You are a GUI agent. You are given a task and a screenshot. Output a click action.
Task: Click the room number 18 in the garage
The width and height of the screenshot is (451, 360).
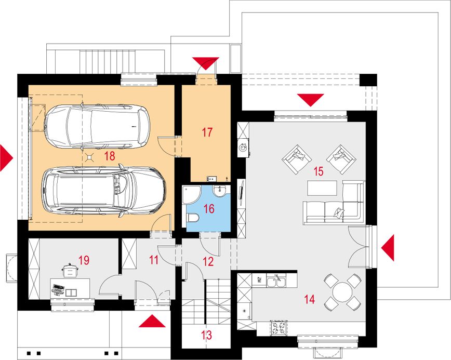110,156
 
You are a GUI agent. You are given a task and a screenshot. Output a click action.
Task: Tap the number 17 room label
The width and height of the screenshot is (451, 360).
207,132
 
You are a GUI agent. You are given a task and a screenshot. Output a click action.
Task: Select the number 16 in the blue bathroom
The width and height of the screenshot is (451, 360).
209,208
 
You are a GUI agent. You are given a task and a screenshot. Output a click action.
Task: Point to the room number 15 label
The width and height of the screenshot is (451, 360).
319,171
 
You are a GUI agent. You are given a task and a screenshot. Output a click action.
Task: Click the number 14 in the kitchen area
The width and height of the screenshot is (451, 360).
310,300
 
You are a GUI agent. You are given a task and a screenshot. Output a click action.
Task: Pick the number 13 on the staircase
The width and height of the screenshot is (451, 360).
207,335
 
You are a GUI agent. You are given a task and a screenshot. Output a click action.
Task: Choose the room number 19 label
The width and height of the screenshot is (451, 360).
84,260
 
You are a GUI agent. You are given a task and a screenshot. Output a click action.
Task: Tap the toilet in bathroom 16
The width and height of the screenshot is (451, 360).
192,218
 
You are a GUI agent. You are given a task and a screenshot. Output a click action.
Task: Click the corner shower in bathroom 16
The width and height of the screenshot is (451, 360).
192,195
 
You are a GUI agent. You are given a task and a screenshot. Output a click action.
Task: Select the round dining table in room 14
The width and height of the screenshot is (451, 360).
342,292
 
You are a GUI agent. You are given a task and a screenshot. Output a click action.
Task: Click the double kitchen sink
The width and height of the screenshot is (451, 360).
276,281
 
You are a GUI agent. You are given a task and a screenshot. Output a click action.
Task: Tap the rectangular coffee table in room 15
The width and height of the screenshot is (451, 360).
322,188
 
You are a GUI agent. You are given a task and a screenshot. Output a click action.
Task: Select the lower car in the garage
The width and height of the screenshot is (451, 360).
104,191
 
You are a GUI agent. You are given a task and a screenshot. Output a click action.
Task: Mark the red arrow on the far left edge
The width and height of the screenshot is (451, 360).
6,158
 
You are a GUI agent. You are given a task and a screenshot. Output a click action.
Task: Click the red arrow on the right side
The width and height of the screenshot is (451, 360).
388,248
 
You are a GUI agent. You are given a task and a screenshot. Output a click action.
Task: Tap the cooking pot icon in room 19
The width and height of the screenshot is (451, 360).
69,270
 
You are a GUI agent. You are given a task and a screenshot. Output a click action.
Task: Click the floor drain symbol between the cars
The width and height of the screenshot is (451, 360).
90,157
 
